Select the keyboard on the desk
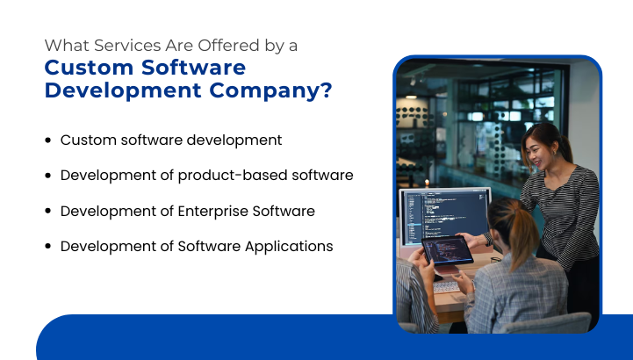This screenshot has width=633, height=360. tap(447, 285)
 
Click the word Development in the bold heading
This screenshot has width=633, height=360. tap(108, 90)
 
